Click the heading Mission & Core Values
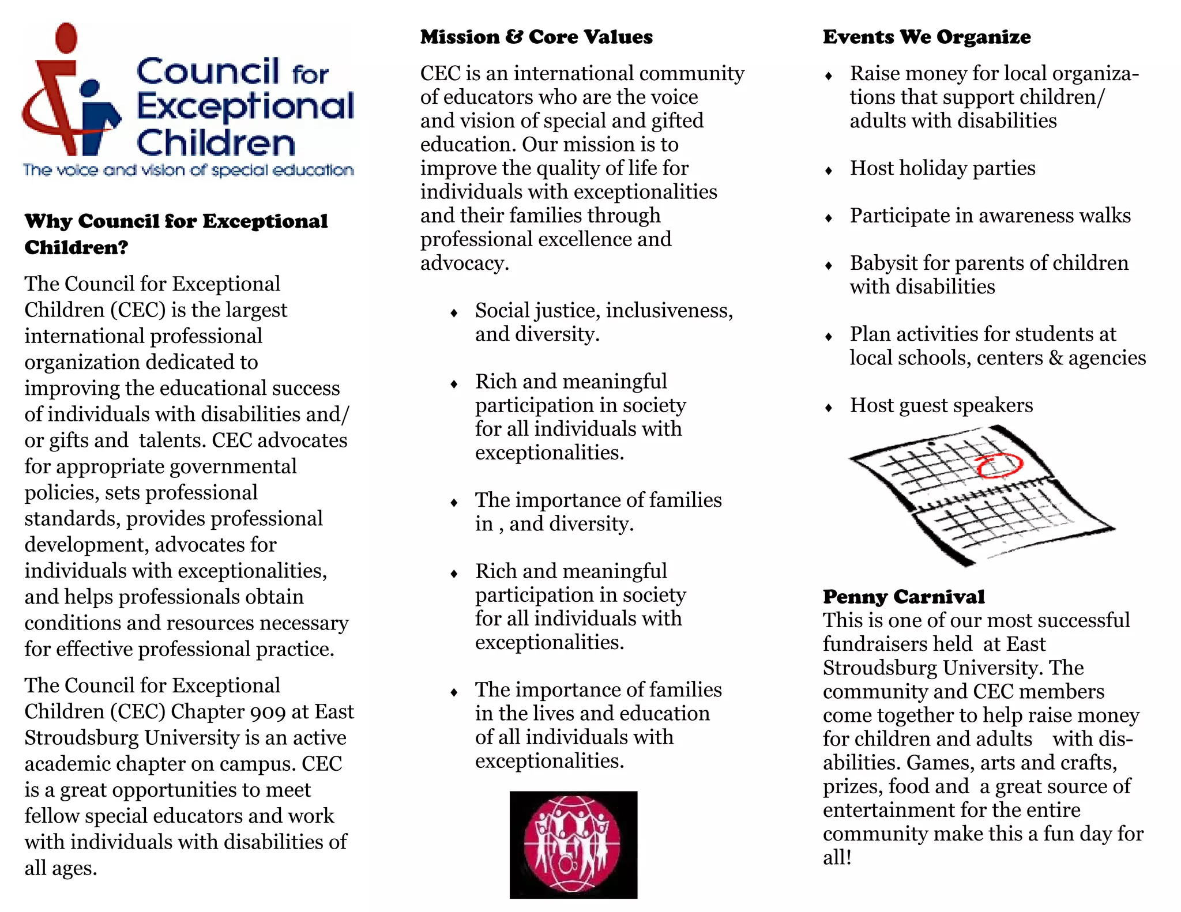(x=536, y=37)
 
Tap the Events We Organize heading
(x=926, y=37)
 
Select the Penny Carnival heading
(x=904, y=597)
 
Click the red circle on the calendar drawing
(x=999, y=465)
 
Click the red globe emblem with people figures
(x=573, y=844)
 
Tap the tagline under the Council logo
(x=188, y=170)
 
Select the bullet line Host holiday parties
(x=942, y=168)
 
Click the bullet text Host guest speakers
(x=941, y=405)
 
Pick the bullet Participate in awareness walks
(x=990, y=216)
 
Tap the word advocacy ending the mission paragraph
(x=464, y=263)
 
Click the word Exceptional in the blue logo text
(x=245, y=107)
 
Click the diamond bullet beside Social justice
(x=454, y=313)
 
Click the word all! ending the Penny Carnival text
(x=837, y=858)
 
